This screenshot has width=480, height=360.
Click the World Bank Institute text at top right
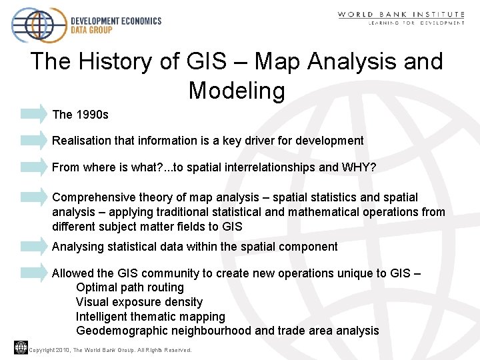pyautogui.click(x=401, y=14)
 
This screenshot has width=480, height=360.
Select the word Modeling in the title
pyautogui.click(x=237, y=89)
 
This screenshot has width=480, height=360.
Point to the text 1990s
pyautogui.click(x=92, y=115)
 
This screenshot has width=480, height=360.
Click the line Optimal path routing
pyautogui.click(x=130, y=287)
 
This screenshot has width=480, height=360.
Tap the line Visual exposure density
pyautogui.click(x=139, y=302)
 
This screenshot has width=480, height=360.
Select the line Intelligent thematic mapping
pyautogui.click(x=151, y=317)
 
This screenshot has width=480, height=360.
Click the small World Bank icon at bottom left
pyautogui.click(x=21, y=347)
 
